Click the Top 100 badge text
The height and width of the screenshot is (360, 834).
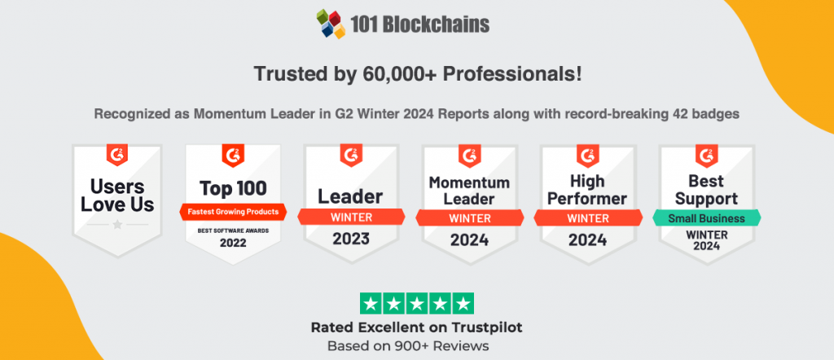click(x=233, y=189)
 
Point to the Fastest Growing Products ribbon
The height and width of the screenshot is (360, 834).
click(x=233, y=212)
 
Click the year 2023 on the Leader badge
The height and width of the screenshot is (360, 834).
click(x=350, y=239)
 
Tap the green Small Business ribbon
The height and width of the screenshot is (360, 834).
click(x=706, y=217)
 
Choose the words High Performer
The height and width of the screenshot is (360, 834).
click(x=587, y=191)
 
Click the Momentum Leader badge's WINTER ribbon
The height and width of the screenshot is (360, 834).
click(x=469, y=217)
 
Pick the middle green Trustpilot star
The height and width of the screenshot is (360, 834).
click(x=416, y=304)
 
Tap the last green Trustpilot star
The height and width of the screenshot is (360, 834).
click(x=462, y=304)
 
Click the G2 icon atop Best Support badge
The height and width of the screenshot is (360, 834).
click(x=706, y=155)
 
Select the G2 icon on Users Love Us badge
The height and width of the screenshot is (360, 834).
click(x=117, y=155)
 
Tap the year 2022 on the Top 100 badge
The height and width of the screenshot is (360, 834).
click(x=233, y=243)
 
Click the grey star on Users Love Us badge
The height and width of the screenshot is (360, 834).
click(x=117, y=222)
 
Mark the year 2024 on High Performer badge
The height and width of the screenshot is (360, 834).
click(x=587, y=239)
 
